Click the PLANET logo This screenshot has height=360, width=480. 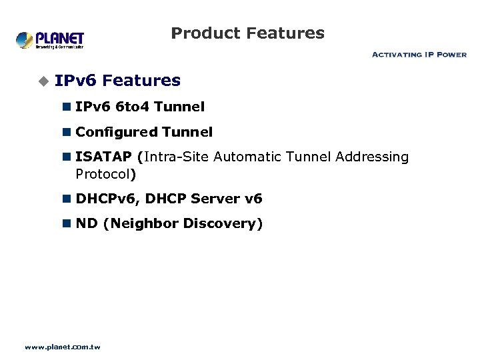(50, 39)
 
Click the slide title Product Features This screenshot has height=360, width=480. (247, 33)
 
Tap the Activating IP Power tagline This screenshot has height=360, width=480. (419, 55)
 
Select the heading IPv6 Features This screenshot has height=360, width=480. (117, 81)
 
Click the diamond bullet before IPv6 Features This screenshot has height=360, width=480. (43, 81)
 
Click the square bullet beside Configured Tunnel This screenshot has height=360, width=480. (67, 133)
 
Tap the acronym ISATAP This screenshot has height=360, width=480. (103, 157)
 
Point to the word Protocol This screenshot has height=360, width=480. (103, 175)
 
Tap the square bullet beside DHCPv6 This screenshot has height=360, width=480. (67, 199)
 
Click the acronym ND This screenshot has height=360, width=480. (86, 223)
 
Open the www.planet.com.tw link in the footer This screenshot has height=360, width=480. (62, 347)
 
